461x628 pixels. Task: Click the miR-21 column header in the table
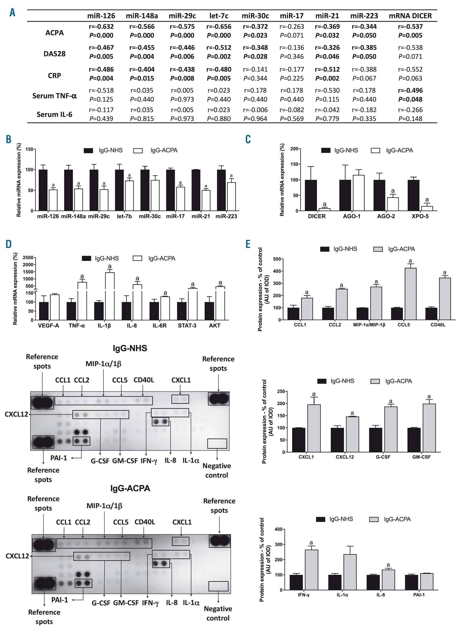(x=327, y=16)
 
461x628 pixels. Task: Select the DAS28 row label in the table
(x=54, y=53)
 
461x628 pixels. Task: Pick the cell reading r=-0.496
(x=410, y=90)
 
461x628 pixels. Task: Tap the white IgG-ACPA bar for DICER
(x=324, y=209)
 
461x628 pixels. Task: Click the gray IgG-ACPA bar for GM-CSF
(x=429, y=428)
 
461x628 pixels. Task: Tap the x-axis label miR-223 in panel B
(x=226, y=216)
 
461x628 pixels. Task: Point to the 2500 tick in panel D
(x=28, y=257)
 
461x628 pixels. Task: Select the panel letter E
(x=248, y=244)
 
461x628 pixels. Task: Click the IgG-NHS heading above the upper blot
(x=130, y=348)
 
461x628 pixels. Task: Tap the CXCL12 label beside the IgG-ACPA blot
(x=17, y=556)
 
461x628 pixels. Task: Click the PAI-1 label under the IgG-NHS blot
(x=59, y=458)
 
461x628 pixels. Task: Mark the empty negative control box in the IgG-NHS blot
(x=217, y=443)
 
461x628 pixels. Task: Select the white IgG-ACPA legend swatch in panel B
(x=138, y=151)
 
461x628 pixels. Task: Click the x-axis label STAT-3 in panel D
(x=187, y=325)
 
